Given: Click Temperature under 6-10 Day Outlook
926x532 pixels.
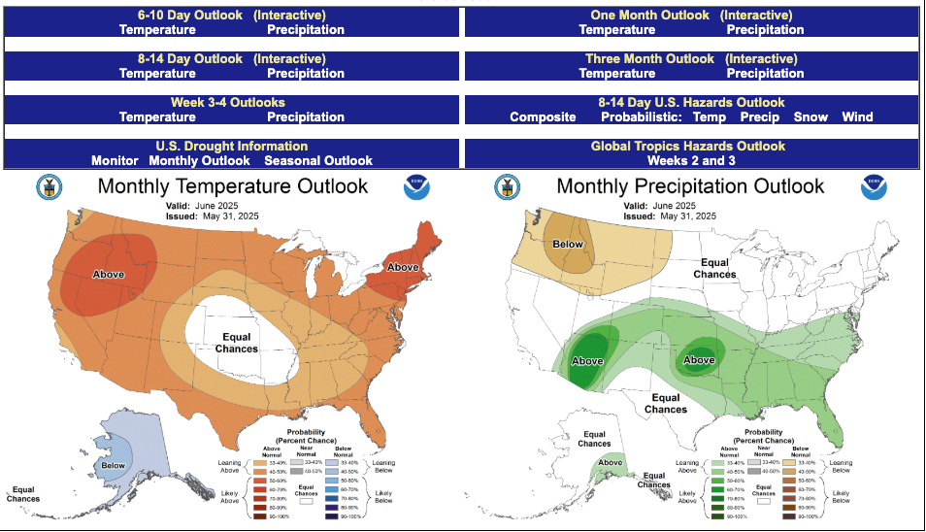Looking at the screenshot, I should pos(157,29).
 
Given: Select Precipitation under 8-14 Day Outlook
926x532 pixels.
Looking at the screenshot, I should pos(306,73).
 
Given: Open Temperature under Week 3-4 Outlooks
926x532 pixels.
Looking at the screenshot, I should pos(157,116).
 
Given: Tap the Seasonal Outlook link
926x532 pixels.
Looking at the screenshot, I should pos(318,160).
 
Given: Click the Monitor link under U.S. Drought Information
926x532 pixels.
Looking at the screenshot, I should pos(116,160).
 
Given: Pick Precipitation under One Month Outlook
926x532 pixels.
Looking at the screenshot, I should pos(765,29).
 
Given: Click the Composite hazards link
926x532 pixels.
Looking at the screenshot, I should pos(543,116).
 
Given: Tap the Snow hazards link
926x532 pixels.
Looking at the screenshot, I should pos(810,116).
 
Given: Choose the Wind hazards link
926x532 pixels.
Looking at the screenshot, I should pos(857,116).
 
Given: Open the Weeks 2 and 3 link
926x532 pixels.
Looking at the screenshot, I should pos(691,160).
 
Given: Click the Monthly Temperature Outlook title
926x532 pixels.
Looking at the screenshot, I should pos(232,185).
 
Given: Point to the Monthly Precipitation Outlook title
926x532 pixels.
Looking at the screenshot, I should pos(690,185).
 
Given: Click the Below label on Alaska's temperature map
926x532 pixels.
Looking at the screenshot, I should pos(114,467).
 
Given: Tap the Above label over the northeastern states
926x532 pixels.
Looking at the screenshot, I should pos(404,267).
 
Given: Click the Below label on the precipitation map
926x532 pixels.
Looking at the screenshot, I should pos(568,244).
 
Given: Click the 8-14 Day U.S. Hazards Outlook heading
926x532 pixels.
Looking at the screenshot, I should pos(690,102).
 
